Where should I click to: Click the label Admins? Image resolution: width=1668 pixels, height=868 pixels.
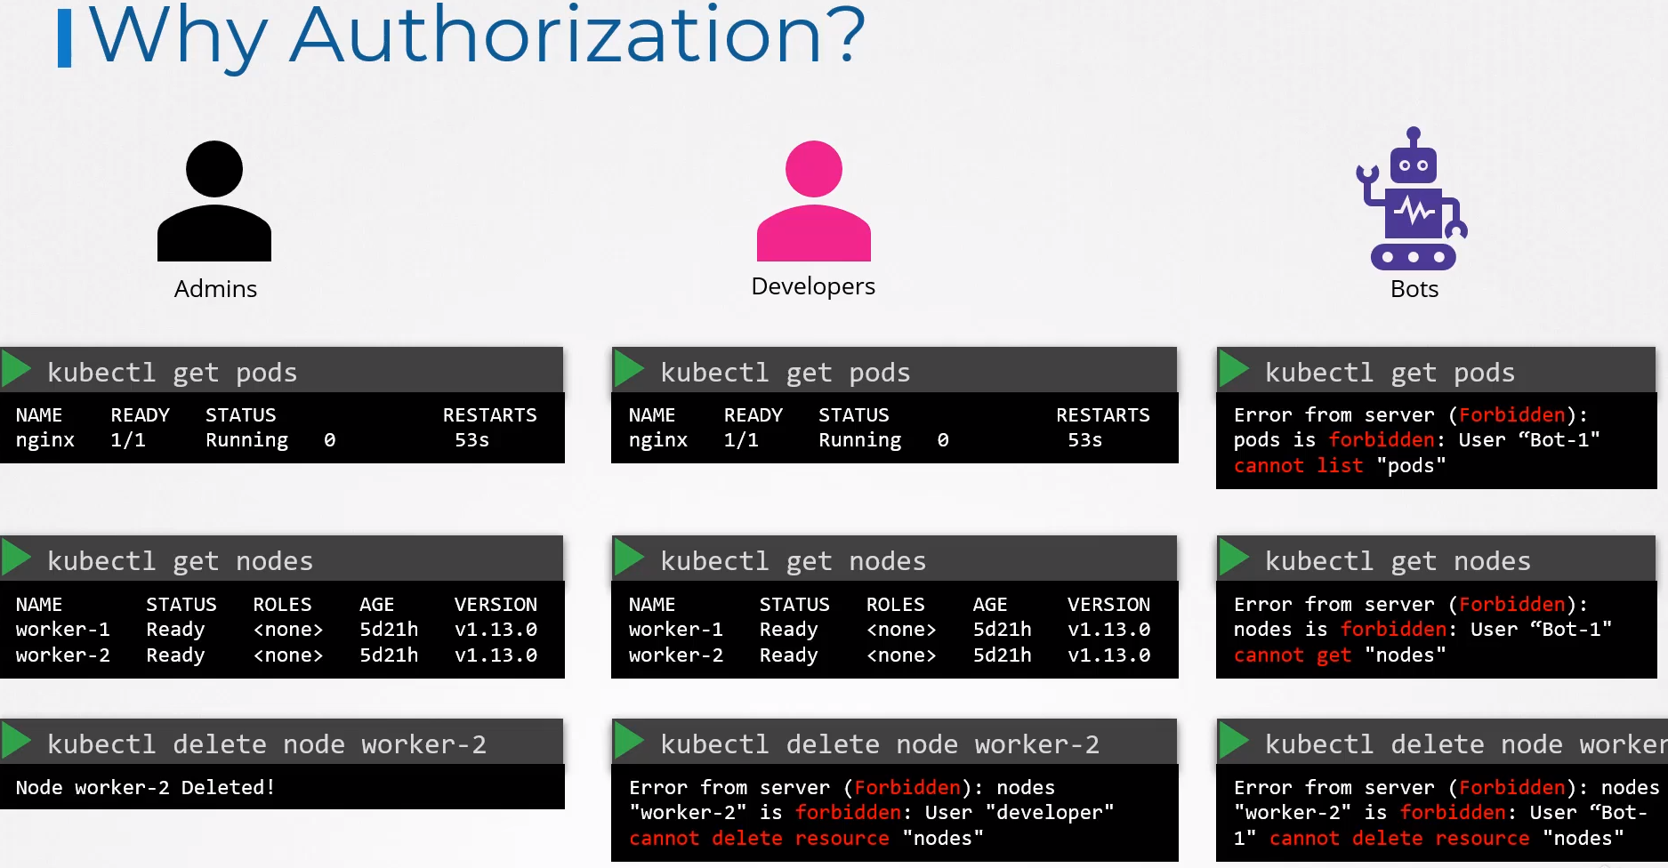pyautogui.click(x=215, y=289)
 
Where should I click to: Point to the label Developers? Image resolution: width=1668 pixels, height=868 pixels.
pyautogui.click(x=813, y=286)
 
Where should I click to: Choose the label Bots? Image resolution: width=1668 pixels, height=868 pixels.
pyautogui.click(x=1414, y=289)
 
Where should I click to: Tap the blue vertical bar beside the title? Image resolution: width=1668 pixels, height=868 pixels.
pyautogui.click(x=64, y=38)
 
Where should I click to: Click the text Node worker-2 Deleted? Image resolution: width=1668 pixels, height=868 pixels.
pyautogui.click(x=146, y=787)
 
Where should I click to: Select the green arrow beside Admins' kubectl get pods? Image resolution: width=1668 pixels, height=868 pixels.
pyautogui.click(x=16, y=369)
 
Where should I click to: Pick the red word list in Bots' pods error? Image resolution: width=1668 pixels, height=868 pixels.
pyautogui.click(x=1340, y=465)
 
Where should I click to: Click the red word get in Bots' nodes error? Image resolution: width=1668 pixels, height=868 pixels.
pyautogui.click(x=1334, y=655)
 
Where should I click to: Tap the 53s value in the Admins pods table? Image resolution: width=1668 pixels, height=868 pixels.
pyautogui.click(x=471, y=440)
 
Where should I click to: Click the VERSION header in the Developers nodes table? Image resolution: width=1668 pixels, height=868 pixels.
pyautogui.click(x=1108, y=605)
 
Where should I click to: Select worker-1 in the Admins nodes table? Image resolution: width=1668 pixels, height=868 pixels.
pyautogui.click(x=63, y=630)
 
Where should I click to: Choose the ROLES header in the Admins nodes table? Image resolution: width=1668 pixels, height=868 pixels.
pyautogui.click(x=282, y=605)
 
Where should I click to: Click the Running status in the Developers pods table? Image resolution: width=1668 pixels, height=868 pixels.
pyautogui.click(x=860, y=440)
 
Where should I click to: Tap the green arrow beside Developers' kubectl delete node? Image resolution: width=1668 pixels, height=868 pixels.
pyautogui.click(x=629, y=741)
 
